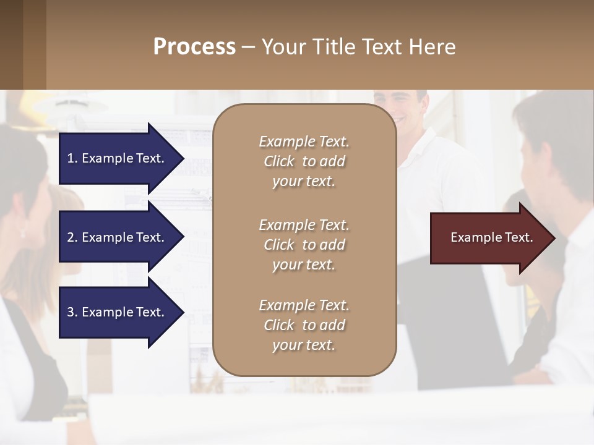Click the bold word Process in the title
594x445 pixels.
point(194,47)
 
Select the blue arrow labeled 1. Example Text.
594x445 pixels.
point(118,158)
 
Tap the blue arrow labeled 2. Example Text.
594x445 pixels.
point(118,237)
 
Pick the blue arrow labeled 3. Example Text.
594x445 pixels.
point(118,312)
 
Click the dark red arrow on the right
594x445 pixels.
point(489,238)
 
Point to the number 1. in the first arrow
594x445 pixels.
point(72,158)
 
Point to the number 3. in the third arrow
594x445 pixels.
point(72,312)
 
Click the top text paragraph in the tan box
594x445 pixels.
point(304,161)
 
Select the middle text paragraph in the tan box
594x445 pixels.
point(304,245)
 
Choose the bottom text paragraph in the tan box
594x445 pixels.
point(304,325)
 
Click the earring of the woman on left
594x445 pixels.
point(23,233)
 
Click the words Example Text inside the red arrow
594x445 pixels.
point(492,237)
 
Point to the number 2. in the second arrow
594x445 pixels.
point(72,237)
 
